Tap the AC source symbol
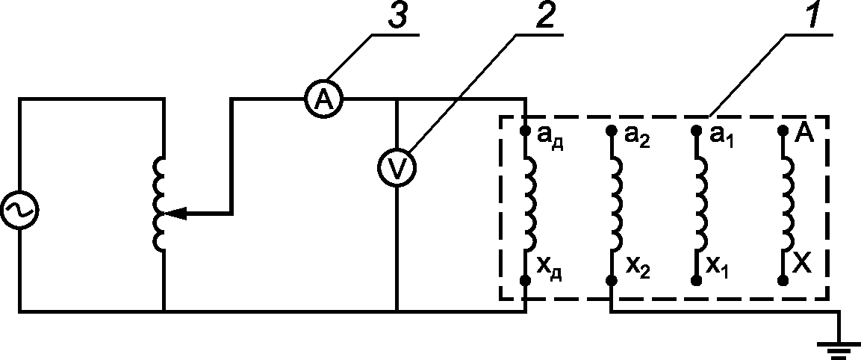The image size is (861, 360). click(19, 209)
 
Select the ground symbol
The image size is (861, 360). click(838, 350)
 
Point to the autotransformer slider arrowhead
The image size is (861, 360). click(175, 213)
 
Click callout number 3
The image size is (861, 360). click(396, 16)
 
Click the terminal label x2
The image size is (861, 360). click(638, 269)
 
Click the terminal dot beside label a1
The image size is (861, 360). click(696, 131)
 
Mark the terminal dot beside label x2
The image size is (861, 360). click(611, 281)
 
